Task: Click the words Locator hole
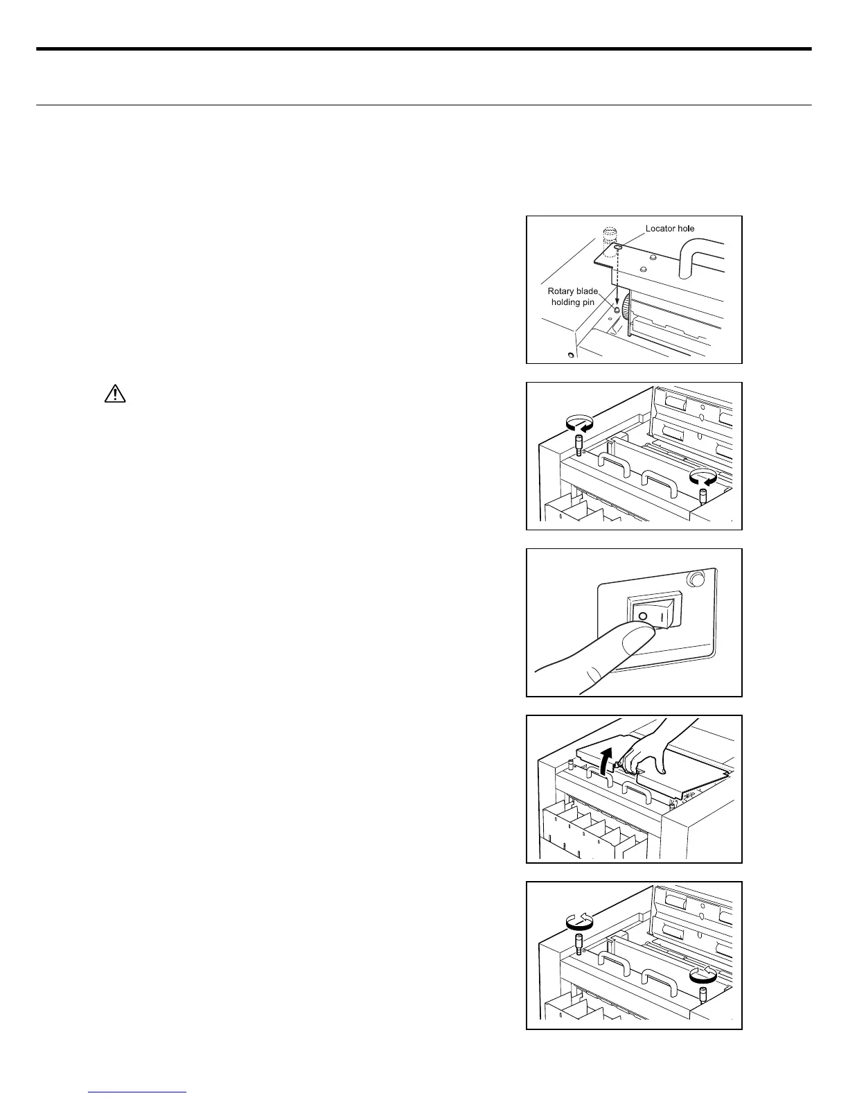tap(669, 228)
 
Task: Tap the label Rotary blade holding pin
tap(572, 297)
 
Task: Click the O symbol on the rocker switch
tap(642, 616)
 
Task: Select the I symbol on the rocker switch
tap(664, 615)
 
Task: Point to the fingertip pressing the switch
tap(636, 639)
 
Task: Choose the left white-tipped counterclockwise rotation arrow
tap(580, 921)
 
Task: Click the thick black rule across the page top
tap(423, 49)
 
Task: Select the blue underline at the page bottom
tap(138, 1092)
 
